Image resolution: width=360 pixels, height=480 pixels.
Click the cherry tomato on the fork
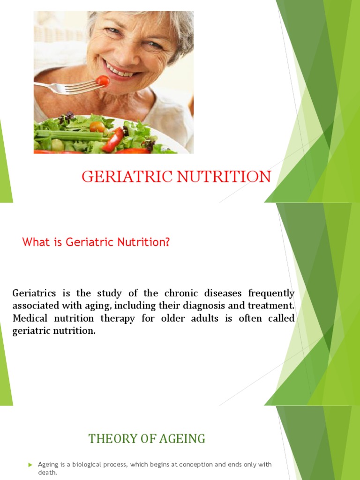tap(103, 81)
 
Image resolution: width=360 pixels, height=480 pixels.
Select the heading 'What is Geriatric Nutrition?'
tap(96, 242)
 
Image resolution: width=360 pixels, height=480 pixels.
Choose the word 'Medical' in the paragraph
tap(30, 319)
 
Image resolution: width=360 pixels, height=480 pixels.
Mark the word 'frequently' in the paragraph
tap(272, 294)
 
